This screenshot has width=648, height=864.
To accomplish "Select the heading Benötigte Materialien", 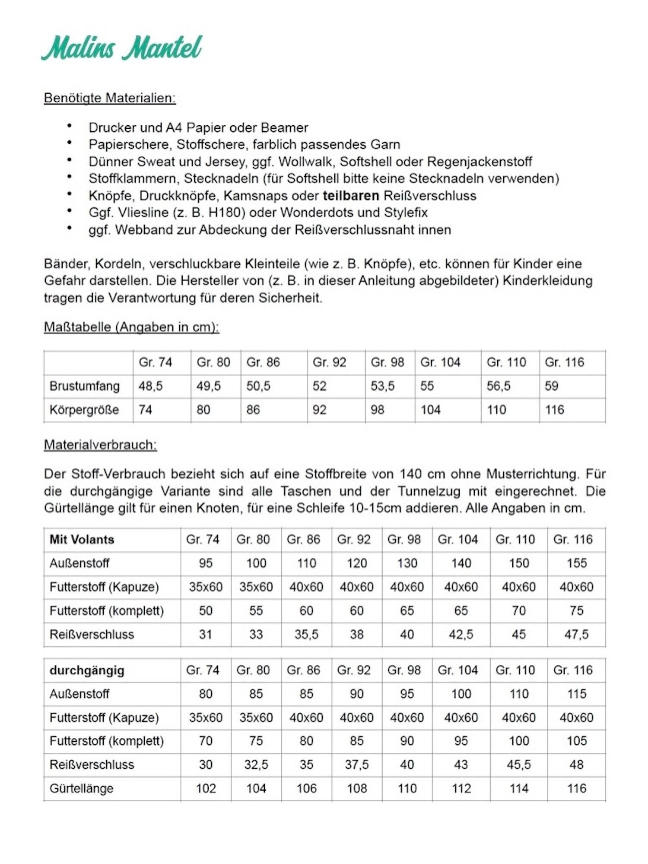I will point(110,98).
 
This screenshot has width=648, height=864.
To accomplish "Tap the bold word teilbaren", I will point(351,196).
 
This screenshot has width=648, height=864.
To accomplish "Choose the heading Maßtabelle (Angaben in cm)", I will point(131,327).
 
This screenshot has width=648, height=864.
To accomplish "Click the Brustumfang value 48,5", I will point(151,386).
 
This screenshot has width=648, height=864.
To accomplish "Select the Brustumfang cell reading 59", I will point(552,386).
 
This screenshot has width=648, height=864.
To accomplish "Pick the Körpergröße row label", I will point(84,410).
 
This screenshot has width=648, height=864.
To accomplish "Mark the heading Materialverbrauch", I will point(100,445).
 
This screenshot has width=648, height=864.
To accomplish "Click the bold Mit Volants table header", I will point(82,539).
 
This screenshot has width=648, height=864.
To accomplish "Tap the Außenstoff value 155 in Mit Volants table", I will point(576,563).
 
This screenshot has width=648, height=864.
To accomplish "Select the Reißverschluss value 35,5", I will point(306,634).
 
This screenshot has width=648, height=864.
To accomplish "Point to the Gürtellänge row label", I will point(81,788).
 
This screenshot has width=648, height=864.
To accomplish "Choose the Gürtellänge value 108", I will point(357,788).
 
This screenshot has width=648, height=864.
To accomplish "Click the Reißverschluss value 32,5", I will point(256,765).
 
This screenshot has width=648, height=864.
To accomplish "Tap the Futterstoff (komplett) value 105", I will point(576,741).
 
